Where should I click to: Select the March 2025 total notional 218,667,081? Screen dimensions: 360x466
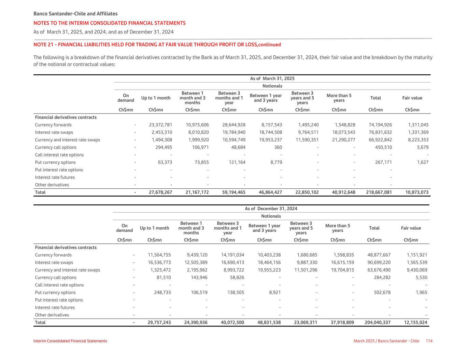click(379, 192)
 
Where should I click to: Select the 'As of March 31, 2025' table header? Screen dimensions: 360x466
click(272, 78)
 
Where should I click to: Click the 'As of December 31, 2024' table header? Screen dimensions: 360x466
click(271, 209)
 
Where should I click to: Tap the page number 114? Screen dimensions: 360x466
click(429, 341)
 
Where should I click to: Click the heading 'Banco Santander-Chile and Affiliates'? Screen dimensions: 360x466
click(75, 14)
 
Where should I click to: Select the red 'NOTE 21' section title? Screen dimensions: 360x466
click(157, 45)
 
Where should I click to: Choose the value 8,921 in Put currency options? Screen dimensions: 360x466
click(274, 293)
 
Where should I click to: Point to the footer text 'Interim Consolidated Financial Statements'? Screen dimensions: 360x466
click(70, 341)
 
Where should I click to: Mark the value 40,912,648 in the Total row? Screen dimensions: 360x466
click(343, 192)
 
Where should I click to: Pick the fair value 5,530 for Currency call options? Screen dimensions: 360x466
click(420, 278)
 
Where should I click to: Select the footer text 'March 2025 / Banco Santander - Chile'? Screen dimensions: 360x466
click(386, 341)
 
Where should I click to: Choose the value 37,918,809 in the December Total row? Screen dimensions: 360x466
click(342, 322)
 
